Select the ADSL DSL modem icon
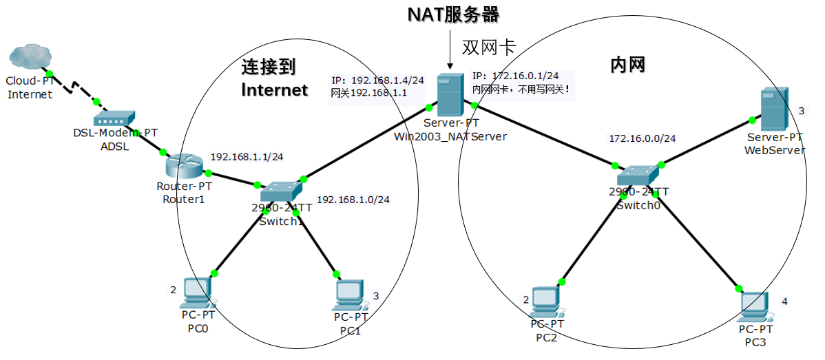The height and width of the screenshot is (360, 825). coord(115,118)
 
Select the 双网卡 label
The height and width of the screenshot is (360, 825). coord(488,46)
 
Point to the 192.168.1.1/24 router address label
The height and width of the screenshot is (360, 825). coord(247,157)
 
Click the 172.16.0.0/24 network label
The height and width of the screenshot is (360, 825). coord(642,138)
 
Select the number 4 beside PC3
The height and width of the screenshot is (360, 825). coord(784,301)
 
